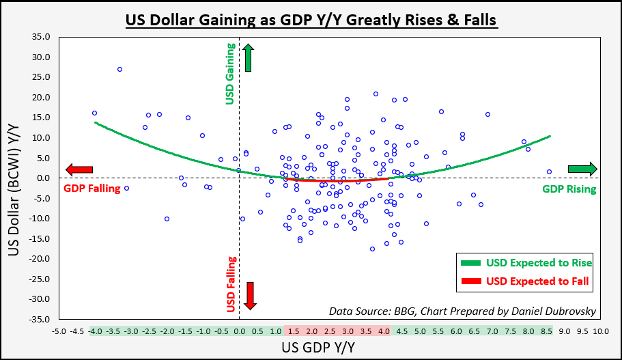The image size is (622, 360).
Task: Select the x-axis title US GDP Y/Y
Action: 328,348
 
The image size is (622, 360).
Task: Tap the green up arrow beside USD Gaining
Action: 248,57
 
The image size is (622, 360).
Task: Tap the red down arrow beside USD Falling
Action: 250,295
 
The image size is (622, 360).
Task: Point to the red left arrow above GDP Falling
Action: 79,169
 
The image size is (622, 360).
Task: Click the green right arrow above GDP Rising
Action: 582,169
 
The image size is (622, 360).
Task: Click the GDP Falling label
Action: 91,189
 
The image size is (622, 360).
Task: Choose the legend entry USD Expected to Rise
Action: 539,263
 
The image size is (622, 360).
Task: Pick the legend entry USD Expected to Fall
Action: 538,281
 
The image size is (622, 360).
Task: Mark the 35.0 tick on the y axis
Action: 42,37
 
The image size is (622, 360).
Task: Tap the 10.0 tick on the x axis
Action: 600,331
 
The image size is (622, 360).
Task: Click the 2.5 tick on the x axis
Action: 329,331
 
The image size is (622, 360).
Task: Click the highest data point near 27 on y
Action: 119,69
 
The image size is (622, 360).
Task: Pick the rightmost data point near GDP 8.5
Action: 549,171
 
